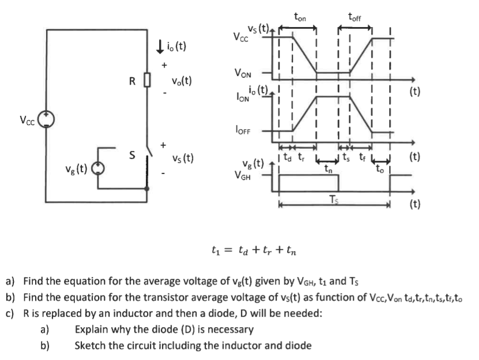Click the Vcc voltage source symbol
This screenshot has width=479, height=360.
(x=46, y=120)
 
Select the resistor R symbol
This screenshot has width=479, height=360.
(x=148, y=79)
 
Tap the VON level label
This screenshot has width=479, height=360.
(x=242, y=73)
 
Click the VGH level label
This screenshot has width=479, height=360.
(x=247, y=174)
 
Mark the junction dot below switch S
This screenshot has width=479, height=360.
(x=148, y=188)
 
